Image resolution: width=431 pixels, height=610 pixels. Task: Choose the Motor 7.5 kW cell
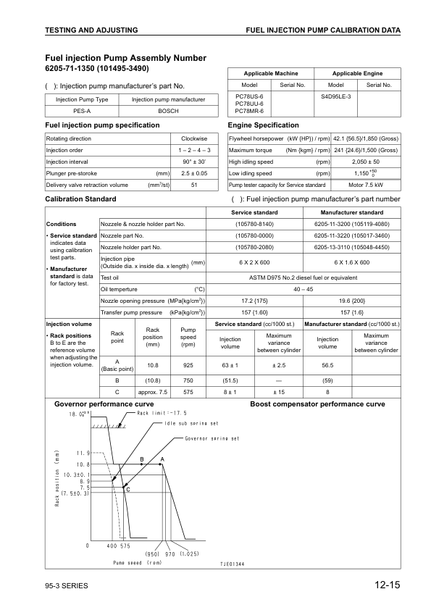(x=364, y=185)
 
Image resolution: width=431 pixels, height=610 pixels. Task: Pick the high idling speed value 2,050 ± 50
(x=364, y=162)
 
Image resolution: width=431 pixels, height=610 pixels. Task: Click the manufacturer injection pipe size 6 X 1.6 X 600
(x=352, y=262)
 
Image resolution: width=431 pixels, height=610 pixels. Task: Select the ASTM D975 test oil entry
(x=301, y=277)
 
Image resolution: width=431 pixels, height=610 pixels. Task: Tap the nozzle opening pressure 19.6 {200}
(x=352, y=299)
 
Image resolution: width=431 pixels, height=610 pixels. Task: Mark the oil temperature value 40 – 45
(x=301, y=288)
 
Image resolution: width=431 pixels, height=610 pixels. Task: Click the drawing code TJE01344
(x=232, y=563)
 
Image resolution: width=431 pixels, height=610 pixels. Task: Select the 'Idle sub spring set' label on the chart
(x=191, y=423)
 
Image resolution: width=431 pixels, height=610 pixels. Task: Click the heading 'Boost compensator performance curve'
(x=317, y=404)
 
